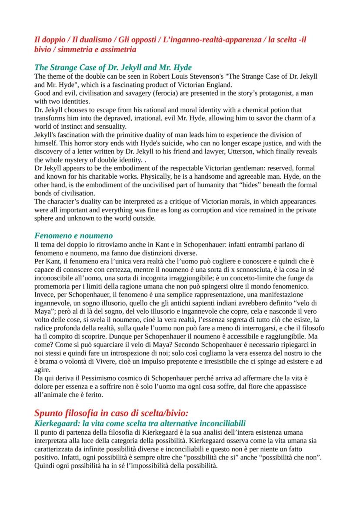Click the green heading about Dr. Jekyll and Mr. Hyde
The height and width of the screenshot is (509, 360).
tap(113, 67)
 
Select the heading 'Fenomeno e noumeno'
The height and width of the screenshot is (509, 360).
tap(73, 236)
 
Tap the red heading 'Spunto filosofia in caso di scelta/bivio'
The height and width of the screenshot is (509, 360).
tap(111, 413)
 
